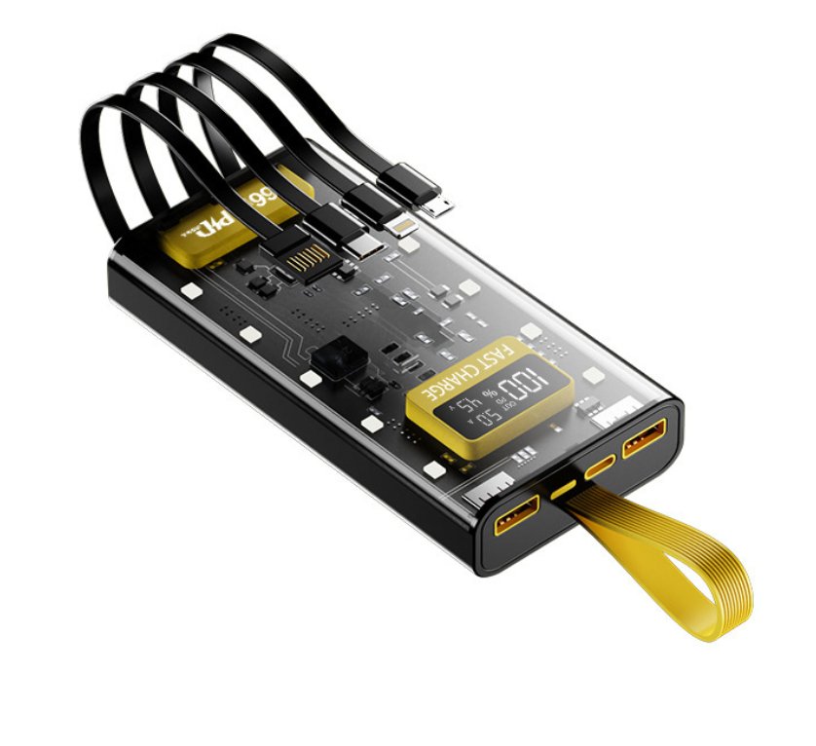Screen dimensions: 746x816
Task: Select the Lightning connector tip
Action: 400,226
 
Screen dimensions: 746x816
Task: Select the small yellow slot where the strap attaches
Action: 562,490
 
